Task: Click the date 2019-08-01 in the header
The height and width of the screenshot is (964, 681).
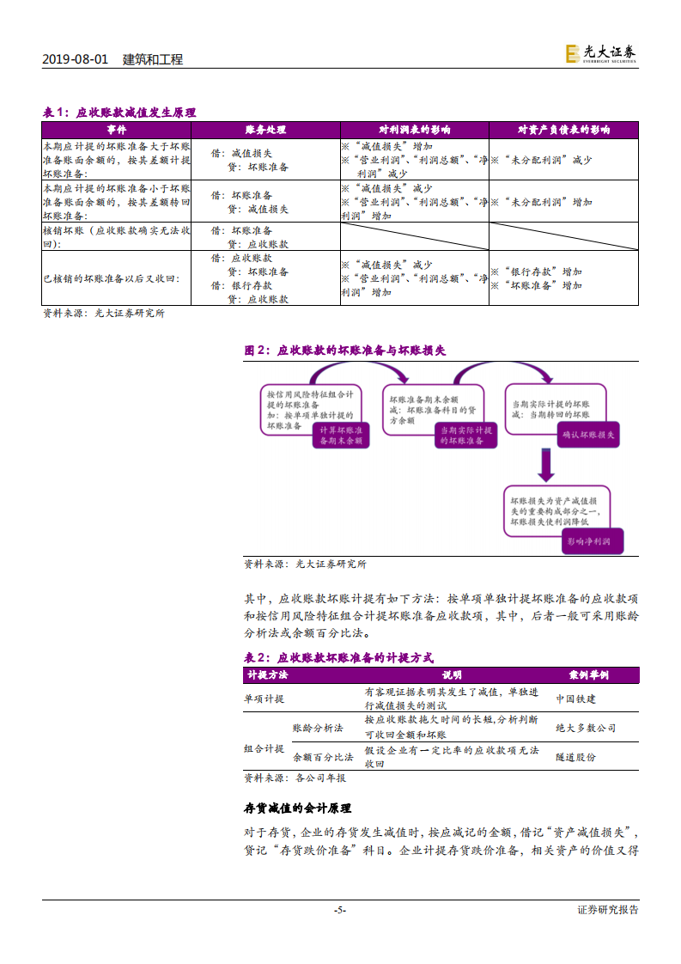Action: click(x=75, y=59)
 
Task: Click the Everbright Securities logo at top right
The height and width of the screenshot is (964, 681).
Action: click(x=600, y=53)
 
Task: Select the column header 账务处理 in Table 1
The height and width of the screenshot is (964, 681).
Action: click(x=264, y=130)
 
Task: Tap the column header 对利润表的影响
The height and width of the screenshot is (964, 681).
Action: click(x=414, y=130)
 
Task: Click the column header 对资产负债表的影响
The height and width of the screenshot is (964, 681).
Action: click(x=563, y=130)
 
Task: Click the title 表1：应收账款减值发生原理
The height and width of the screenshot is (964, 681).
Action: click(x=119, y=113)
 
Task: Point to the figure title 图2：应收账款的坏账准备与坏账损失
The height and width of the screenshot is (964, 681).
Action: click(x=345, y=351)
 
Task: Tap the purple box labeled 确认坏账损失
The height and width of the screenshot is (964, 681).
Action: click(x=588, y=436)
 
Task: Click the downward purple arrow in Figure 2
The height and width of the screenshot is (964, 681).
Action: click(x=544, y=465)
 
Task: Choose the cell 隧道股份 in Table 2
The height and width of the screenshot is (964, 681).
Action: click(x=575, y=757)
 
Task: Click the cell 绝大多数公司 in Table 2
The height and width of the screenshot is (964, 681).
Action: click(x=586, y=728)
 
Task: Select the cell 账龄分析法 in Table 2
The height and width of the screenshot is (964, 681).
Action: click(x=318, y=728)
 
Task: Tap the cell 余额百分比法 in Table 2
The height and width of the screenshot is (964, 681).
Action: click(x=323, y=757)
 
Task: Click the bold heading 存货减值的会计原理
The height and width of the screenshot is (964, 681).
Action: click(x=298, y=808)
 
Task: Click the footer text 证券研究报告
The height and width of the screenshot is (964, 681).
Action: click(x=608, y=910)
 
